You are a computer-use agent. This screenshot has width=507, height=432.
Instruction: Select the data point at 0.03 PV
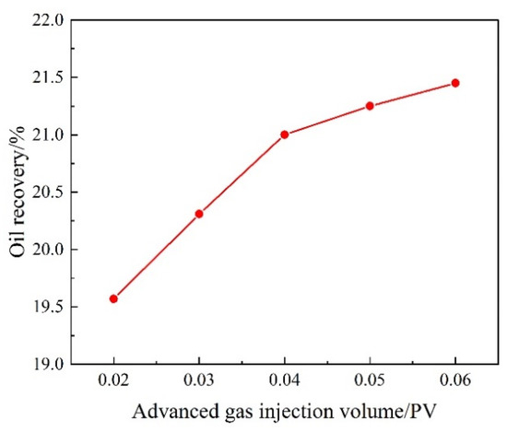[199, 214]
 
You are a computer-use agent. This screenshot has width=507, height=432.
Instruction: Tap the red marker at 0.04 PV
[284, 134]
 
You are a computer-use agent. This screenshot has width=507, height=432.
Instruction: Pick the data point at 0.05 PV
[370, 106]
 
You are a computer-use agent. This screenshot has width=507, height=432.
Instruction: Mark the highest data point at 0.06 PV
[454, 83]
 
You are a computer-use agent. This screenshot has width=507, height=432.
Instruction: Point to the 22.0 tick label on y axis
[51, 19]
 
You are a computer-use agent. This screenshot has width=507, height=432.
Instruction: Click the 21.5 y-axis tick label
[51, 77]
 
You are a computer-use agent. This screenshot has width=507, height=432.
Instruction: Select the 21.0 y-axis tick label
[51, 134]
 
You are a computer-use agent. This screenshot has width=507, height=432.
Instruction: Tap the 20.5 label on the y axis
[51, 192]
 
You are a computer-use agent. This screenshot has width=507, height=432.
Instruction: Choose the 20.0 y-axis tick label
[51, 250]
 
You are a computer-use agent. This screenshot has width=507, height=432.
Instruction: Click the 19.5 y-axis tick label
[51, 307]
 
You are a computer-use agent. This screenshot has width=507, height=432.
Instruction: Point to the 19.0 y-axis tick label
[51, 365]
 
